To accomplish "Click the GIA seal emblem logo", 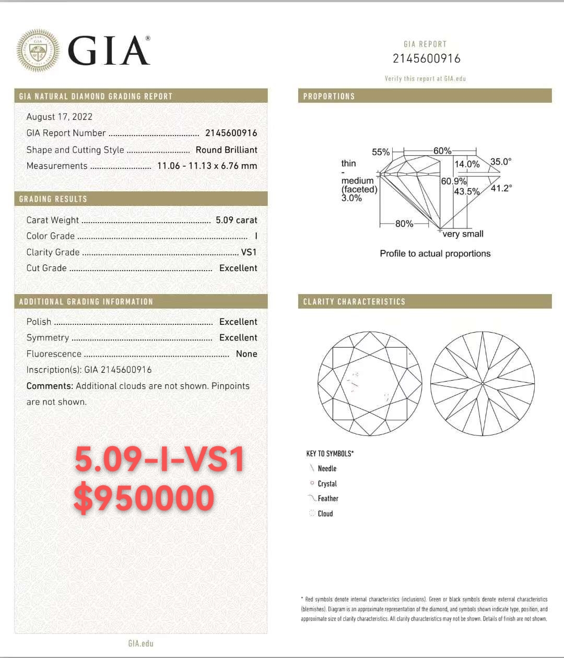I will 38,51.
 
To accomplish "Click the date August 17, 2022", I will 60,117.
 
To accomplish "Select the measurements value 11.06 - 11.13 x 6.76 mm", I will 207,166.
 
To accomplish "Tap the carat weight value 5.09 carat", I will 236,220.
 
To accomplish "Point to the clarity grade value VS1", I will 249,252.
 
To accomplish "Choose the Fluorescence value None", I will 246,354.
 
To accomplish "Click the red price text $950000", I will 144,497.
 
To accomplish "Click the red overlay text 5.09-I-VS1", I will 159,459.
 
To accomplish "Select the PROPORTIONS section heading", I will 329,96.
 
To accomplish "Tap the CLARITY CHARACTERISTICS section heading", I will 354,302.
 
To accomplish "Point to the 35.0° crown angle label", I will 501,162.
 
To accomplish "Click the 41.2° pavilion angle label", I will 501,188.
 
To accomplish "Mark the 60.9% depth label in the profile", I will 453,181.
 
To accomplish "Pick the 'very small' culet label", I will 463,234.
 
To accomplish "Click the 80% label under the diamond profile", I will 404,224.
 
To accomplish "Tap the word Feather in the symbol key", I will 328,498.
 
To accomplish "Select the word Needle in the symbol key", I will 327,469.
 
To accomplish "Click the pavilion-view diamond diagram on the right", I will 483,384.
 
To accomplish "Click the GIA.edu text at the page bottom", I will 141,643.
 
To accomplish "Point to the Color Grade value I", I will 256,236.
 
